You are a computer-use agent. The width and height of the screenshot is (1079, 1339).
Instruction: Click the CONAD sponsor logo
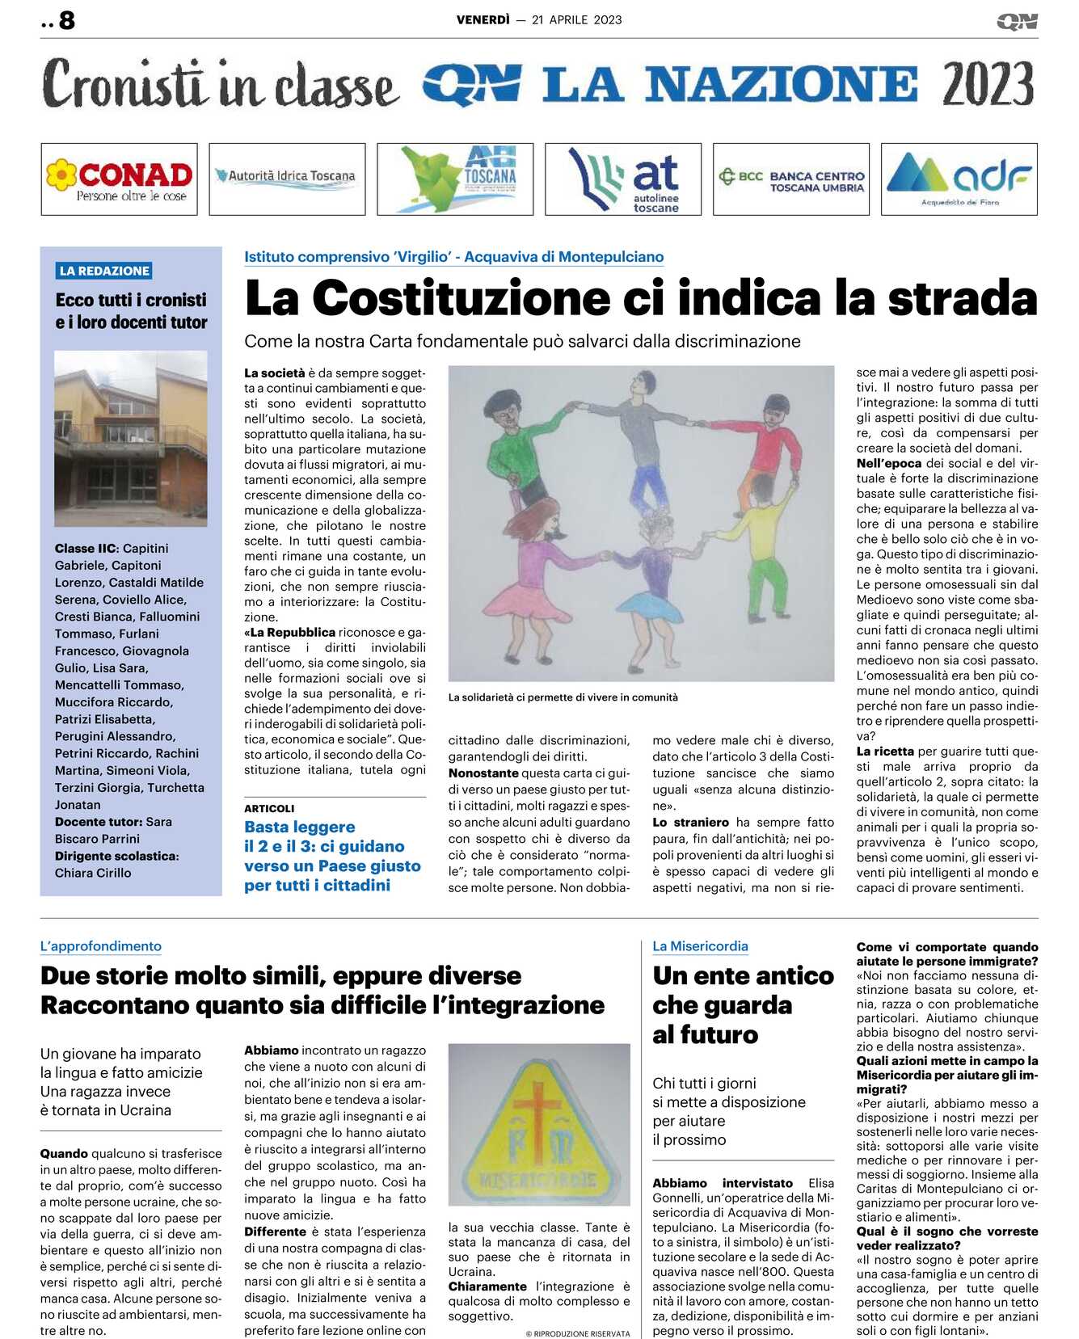tap(120, 179)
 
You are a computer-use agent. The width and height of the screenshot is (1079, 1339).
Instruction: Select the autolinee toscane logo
tap(623, 179)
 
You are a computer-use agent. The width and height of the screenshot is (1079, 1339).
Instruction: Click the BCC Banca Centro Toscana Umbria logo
tap(791, 179)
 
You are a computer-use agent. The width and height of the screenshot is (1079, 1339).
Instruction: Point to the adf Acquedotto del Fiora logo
tap(959, 179)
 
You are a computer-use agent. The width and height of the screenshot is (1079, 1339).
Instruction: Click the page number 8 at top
tap(67, 20)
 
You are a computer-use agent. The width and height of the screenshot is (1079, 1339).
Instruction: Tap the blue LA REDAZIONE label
tap(104, 271)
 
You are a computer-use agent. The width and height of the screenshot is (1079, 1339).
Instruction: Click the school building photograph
tap(131, 438)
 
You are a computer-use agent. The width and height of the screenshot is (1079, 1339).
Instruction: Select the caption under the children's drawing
tap(563, 697)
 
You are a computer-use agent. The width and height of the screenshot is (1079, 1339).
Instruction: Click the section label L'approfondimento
tap(101, 946)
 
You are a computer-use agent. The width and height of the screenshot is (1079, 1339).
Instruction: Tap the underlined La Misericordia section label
tap(700, 946)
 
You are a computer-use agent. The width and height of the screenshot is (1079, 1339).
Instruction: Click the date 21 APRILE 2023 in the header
tap(577, 20)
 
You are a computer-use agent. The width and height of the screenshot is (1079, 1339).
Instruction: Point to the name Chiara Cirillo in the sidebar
tap(93, 873)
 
